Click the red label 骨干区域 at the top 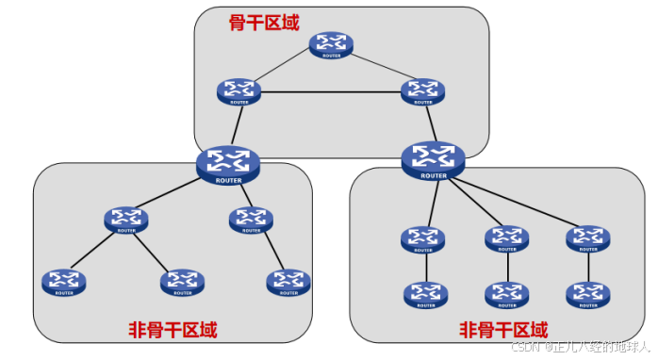tap(265, 22)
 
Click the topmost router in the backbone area tap(333, 44)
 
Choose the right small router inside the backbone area tap(420, 91)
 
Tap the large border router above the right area tap(434, 157)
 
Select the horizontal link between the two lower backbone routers tap(329, 92)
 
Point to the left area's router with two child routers tap(126, 219)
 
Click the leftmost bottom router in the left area tap(63, 280)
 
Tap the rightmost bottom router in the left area tap(288, 280)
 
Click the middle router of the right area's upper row tap(507, 238)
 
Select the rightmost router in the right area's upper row tap(588, 238)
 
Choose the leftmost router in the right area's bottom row tap(422, 295)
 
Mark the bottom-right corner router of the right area tap(588, 295)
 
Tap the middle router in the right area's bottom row tap(507, 295)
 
